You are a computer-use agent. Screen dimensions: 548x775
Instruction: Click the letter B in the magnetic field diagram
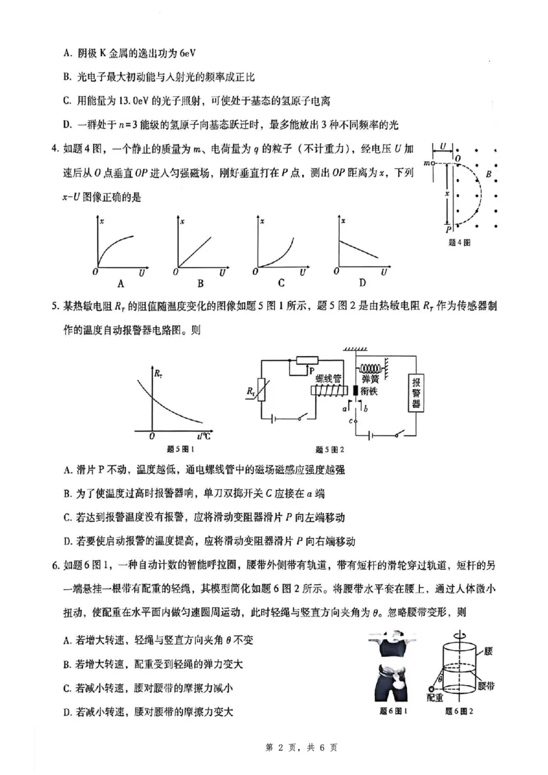point(488,175)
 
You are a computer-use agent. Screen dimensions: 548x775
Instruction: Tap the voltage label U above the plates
point(443,146)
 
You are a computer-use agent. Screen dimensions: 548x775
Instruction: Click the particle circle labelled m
point(433,163)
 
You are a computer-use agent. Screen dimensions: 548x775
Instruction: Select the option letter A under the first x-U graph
point(121,283)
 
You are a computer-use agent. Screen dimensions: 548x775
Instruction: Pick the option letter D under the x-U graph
point(362,283)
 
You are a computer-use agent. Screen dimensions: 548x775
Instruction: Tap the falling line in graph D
point(360,248)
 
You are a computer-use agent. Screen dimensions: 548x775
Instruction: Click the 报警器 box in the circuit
point(415,394)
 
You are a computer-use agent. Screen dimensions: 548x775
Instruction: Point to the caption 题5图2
point(329,450)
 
